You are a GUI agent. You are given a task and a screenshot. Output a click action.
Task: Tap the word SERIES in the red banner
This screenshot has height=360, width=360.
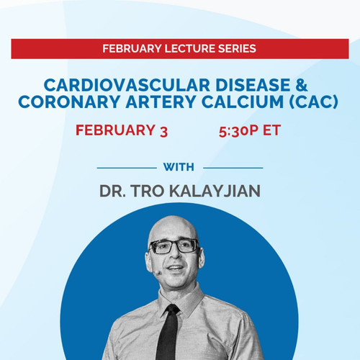237,49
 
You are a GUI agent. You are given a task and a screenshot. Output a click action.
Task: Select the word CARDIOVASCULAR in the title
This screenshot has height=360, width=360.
127,85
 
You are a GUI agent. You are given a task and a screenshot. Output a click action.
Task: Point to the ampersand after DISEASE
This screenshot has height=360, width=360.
302,85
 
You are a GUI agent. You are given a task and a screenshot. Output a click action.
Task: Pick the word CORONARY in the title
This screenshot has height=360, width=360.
69,102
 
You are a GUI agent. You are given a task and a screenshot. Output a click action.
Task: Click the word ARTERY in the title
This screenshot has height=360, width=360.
161,102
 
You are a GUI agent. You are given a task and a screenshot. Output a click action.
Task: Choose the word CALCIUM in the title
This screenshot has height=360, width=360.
243,102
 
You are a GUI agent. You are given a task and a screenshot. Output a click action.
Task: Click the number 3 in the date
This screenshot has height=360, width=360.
163,132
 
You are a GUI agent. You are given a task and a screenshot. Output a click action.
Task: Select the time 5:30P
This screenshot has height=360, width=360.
238,131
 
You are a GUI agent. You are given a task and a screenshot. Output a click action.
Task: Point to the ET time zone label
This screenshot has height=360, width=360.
271,130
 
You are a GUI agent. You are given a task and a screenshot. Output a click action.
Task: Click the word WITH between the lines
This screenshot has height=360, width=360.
179,167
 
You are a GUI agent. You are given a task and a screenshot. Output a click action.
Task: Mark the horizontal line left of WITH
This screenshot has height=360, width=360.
127,168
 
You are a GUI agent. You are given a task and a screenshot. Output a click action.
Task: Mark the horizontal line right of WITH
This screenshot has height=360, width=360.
233,168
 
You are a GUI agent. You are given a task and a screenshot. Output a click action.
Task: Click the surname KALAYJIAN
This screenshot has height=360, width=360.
215,192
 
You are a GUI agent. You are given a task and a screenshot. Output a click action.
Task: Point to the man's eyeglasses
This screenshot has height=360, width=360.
175,246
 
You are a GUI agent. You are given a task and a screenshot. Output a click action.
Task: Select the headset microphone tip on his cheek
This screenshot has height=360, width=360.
157,273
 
